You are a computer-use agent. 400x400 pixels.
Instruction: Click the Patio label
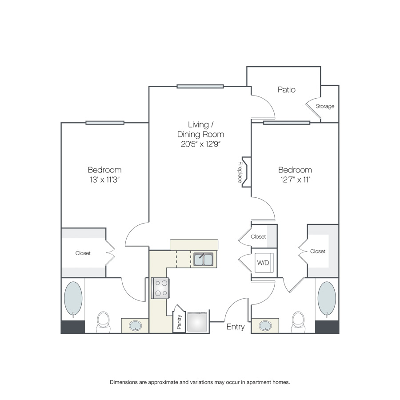[x=287, y=89]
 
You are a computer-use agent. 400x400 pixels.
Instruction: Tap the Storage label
[x=325, y=106]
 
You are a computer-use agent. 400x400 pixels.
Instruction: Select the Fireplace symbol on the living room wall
[x=246, y=172]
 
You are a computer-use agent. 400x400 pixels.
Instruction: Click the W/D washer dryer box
[x=264, y=263]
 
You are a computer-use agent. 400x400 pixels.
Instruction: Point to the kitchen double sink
[x=203, y=260]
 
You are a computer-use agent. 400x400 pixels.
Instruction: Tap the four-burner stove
[x=160, y=288]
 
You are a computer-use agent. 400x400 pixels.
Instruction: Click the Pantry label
[x=179, y=322]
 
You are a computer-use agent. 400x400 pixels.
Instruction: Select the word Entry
[x=236, y=327]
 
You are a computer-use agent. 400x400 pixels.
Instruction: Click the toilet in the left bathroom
[x=103, y=322]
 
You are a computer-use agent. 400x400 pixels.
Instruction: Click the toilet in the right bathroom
[x=298, y=322]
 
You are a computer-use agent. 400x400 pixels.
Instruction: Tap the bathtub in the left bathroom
[x=73, y=299]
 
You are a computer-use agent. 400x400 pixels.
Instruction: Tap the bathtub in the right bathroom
[x=327, y=299]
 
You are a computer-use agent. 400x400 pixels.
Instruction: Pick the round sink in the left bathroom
[x=135, y=326]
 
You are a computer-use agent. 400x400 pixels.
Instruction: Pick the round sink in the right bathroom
[x=265, y=326]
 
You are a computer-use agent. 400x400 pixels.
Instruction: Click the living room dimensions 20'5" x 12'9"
[x=200, y=144]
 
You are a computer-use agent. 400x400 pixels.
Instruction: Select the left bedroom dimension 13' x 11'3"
[x=104, y=180]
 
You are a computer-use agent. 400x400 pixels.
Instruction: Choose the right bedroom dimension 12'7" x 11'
[x=295, y=180]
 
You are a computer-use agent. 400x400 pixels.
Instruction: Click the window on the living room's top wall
[x=200, y=87]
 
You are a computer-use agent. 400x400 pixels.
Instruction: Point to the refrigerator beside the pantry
[x=197, y=322]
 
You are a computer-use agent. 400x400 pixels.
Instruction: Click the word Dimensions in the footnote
[x=124, y=382]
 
